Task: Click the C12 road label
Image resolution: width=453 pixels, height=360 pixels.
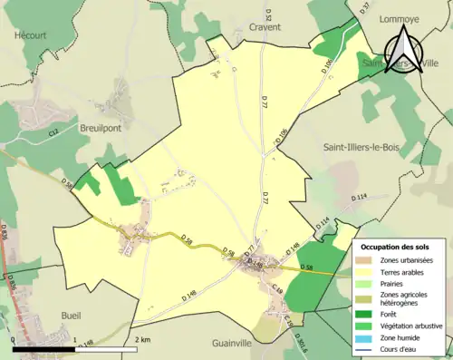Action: [x=54, y=133]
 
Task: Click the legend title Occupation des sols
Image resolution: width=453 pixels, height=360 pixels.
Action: [x=395, y=247]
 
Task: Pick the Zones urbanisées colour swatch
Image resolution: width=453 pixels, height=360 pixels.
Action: [x=365, y=261]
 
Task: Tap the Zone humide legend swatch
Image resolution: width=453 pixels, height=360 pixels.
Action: [x=365, y=336]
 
